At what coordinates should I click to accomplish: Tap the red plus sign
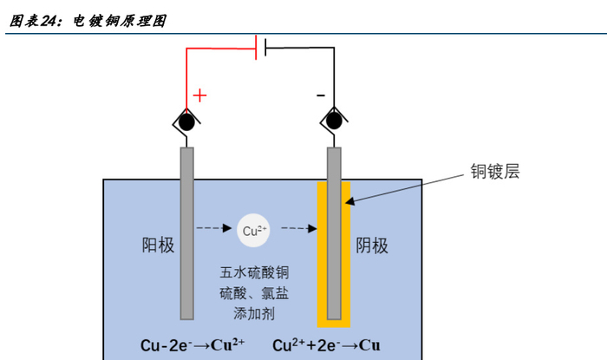click(x=200, y=95)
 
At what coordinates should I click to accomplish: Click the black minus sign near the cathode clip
click(x=320, y=93)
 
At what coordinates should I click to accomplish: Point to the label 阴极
click(x=373, y=245)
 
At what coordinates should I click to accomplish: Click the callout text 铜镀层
click(x=494, y=171)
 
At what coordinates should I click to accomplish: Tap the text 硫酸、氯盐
click(x=252, y=294)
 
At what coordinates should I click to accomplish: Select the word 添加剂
click(x=252, y=313)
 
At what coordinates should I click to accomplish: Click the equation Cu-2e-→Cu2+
click(x=193, y=344)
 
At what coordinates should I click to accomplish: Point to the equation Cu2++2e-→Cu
click(x=326, y=344)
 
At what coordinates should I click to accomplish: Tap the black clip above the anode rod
click(x=186, y=122)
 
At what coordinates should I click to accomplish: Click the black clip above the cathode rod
click(x=334, y=122)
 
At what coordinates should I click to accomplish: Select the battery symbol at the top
click(x=260, y=48)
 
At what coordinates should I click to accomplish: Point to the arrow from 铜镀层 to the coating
click(x=408, y=187)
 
